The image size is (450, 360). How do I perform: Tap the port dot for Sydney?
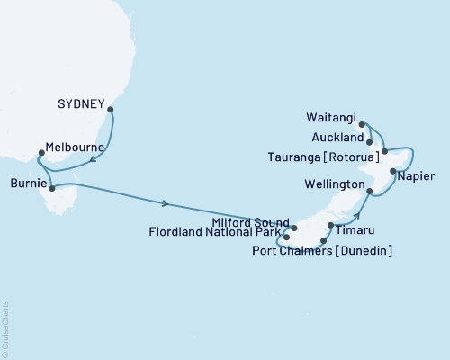pos(111,111)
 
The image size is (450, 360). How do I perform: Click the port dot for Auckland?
pos(370,140)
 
